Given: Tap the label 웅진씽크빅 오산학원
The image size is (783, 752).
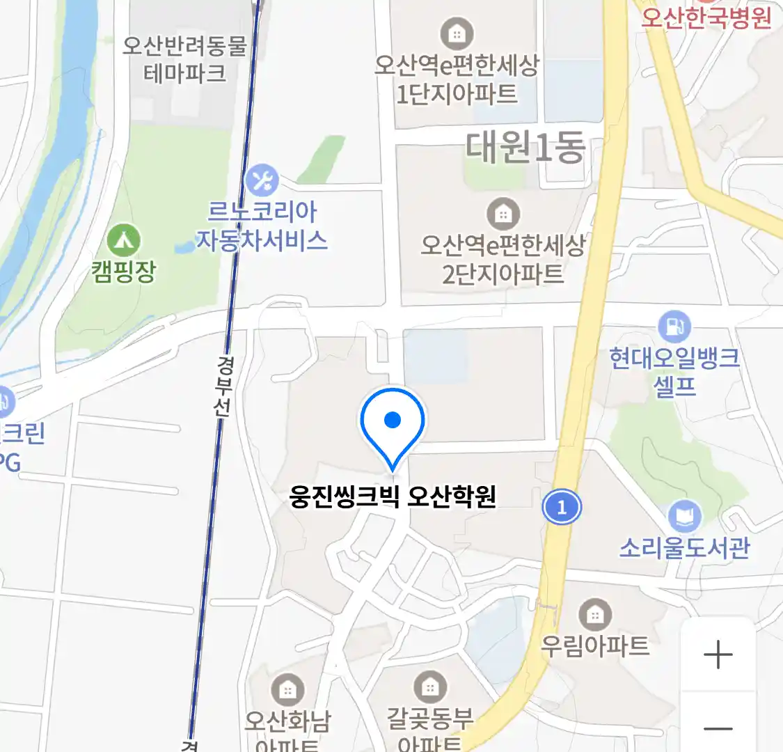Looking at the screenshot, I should coord(393,497).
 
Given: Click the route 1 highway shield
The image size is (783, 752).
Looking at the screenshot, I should coord(562,507).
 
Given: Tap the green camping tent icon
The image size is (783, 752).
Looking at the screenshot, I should coord(124,241).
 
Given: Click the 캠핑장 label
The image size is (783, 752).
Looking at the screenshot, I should coord(124,271).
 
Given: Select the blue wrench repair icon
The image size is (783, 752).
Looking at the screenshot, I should coord(262,180).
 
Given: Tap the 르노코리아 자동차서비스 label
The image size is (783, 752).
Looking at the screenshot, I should coord(262,226).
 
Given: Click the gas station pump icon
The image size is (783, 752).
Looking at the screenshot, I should coord(674,326).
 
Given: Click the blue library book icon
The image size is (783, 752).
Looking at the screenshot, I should coord(684,517).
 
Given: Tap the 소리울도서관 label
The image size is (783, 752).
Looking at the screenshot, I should coord(685,548).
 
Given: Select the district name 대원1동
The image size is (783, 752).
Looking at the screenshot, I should coord(525,148).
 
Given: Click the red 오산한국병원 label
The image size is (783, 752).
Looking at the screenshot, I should coord(706,17).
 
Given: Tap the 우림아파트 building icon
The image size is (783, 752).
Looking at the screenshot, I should coord(594,615).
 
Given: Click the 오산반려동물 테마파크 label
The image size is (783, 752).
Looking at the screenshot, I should coord(185,59).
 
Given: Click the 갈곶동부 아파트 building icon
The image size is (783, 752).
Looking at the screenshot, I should coord(430,687).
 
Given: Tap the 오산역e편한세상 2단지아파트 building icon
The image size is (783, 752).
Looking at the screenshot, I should coord(503,214).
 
